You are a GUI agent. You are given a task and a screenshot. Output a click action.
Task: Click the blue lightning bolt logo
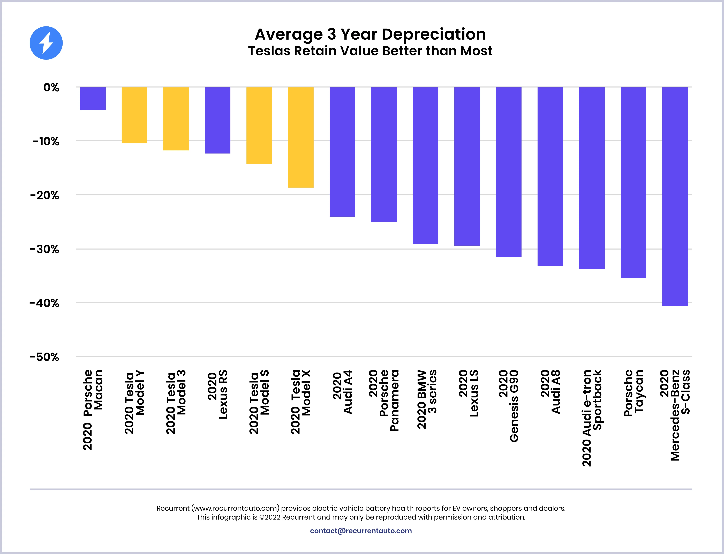point(46,43)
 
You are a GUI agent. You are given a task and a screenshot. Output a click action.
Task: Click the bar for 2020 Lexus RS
point(217,120)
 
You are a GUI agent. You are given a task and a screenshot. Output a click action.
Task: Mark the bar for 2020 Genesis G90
point(508,172)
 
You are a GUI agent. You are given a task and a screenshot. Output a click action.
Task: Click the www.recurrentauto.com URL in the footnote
point(235,508)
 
